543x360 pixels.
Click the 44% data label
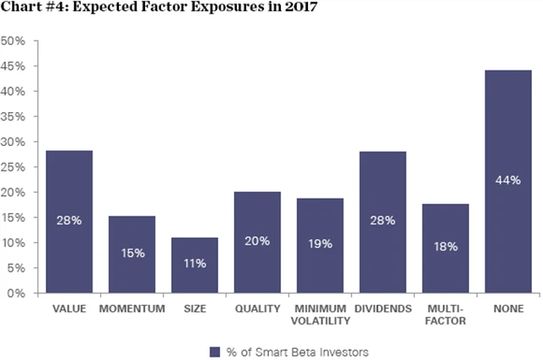click(x=507, y=180)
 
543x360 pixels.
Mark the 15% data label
click(x=132, y=254)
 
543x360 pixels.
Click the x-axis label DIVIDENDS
click(x=382, y=309)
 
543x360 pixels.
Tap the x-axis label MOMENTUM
click(x=132, y=309)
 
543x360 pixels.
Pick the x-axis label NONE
click(x=507, y=309)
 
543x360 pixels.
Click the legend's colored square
click(x=215, y=350)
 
